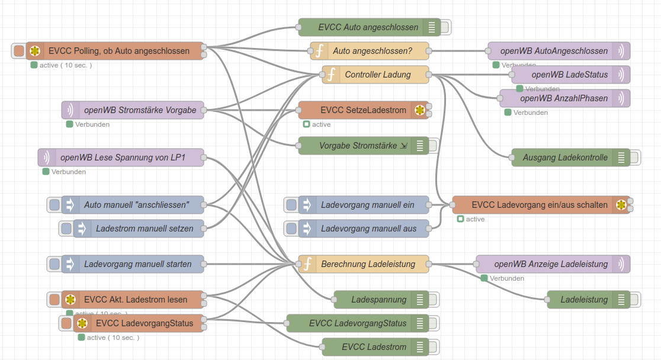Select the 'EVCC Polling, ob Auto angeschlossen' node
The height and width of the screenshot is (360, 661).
[118, 51]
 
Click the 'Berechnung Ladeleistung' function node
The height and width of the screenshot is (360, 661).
[368, 264]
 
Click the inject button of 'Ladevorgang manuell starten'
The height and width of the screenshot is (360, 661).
[54, 264]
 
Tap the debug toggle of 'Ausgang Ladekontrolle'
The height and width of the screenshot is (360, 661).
[634, 157]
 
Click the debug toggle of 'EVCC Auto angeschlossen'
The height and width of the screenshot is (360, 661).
[445, 27]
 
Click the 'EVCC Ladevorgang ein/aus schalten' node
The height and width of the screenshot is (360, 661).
[540, 205]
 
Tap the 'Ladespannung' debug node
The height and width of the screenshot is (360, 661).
[379, 300]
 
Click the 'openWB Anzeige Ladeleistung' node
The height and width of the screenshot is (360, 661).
[551, 264]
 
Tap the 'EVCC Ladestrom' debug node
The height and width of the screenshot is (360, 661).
[374, 347]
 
